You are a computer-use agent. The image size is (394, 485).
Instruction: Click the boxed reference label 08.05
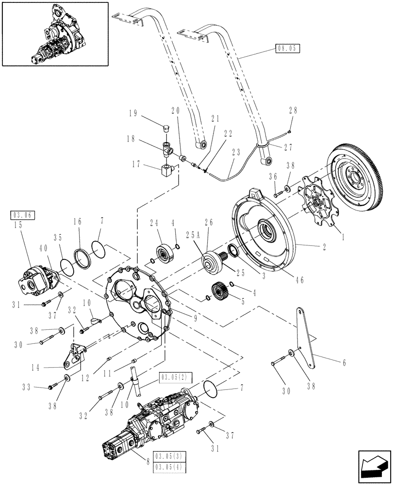(x=288, y=48)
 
